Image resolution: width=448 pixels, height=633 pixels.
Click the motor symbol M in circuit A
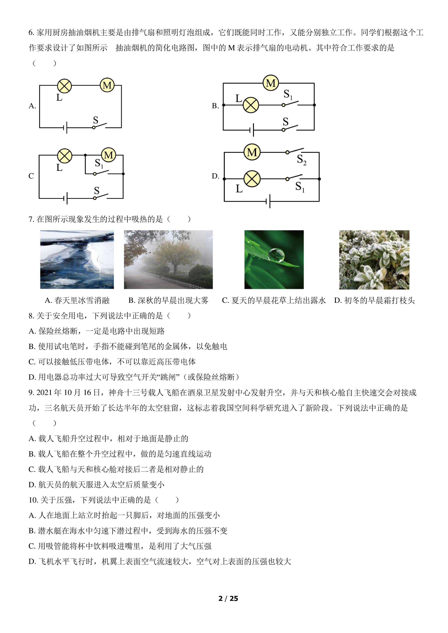click(107, 85)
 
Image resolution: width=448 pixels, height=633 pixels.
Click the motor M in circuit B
click(271, 83)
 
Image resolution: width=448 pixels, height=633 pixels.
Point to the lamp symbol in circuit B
click(251, 105)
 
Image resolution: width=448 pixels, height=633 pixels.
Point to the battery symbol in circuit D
click(268, 201)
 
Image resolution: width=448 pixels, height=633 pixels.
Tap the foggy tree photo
click(168, 260)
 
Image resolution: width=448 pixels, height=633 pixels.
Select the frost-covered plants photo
click(374, 260)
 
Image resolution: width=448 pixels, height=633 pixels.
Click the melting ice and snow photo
click(77, 260)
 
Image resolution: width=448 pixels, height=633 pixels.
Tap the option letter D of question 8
click(32, 377)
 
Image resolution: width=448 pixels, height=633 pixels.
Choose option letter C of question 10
click(32, 546)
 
